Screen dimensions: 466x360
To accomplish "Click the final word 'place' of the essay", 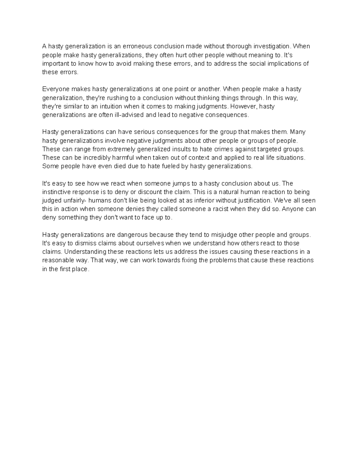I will (x=80, y=269).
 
